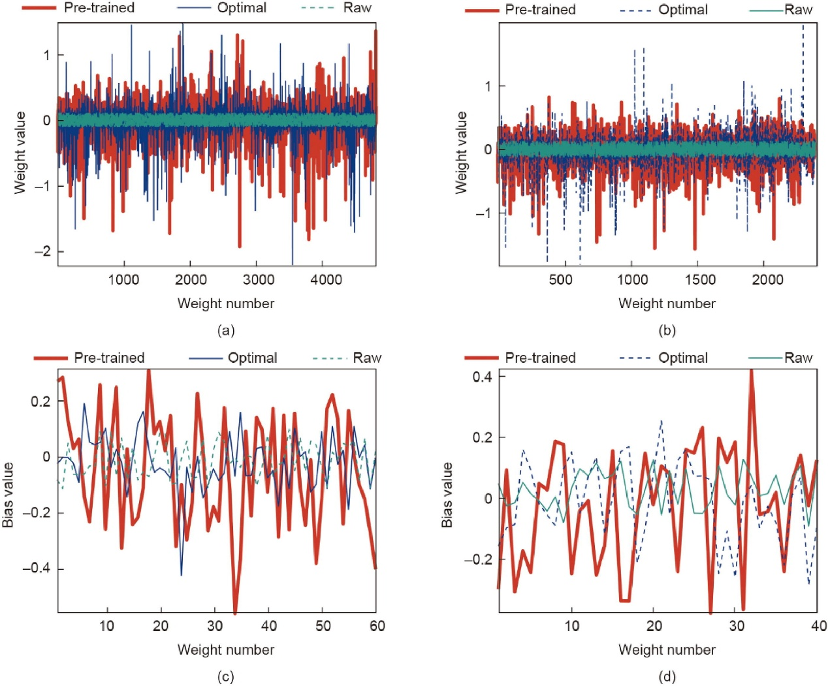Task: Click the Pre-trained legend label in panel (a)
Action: pyautogui.click(x=99, y=8)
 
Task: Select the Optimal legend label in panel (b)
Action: pyautogui.click(x=683, y=10)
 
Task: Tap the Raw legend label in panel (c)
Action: pyautogui.click(x=367, y=358)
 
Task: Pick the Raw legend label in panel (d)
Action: pyautogui.click(x=798, y=358)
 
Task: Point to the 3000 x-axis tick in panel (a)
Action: pyautogui.click(x=258, y=280)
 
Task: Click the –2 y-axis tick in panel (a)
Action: pyautogui.click(x=43, y=251)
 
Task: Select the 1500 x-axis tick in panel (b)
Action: pyautogui.click(x=700, y=280)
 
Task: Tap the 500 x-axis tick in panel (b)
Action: pyautogui.click(x=561, y=280)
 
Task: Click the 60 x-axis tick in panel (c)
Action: pyautogui.click(x=377, y=626)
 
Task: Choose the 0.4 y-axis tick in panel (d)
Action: pyautogui.click(x=482, y=377)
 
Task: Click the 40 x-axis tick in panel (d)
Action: pyautogui.click(x=819, y=626)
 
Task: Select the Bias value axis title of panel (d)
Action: pyautogui.click(x=447, y=495)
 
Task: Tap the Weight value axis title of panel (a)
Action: pyautogui.click(x=20, y=153)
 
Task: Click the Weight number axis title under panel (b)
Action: pyautogui.click(x=667, y=304)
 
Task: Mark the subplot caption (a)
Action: pyautogui.click(x=226, y=330)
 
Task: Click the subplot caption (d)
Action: pyautogui.click(x=667, y=676)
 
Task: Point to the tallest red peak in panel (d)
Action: pyautogui.click(x=751, y=371)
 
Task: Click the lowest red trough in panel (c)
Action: pyautogui.click(x=235, y=613)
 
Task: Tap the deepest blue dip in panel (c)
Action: pyautogui.click(x=182, y=574)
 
